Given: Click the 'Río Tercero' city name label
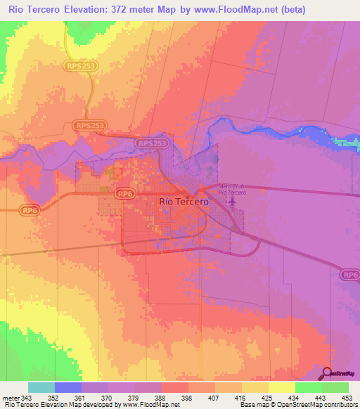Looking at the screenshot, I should pos(184,202).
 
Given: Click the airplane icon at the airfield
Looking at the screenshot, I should pos(232,202).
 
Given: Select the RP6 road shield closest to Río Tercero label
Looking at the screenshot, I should pos(125,193).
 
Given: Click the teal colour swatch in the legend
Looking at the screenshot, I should pos(41,387).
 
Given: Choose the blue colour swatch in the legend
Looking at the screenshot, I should pos(67,387).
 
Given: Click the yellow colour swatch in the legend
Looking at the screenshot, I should pos(281,387).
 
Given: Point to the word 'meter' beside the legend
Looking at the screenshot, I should pos(10,398).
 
